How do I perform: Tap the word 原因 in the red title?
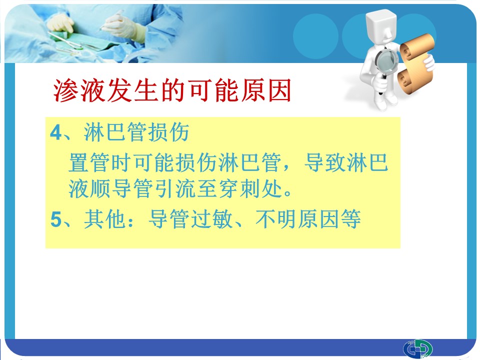265,90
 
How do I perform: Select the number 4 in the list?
56,133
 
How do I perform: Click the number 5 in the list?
56,219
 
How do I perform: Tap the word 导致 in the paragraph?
325,162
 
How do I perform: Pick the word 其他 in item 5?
105,219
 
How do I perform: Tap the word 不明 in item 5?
276,219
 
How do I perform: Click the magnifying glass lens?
386,60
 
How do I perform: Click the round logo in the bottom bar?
418,348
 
